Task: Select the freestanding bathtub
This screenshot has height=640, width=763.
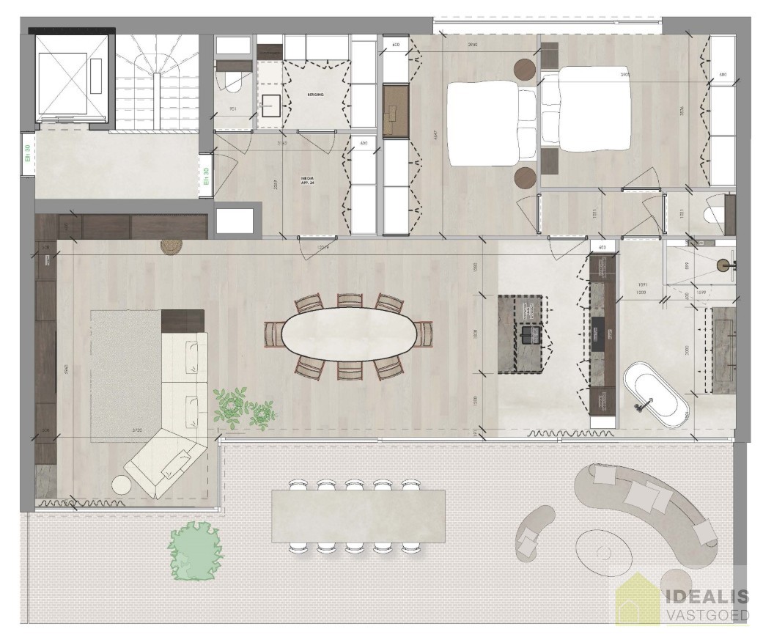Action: click(655, 397)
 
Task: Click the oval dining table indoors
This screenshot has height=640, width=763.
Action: click(349, 336)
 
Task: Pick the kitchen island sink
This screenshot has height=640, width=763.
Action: click(528, 335)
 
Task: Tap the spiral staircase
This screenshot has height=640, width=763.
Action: click(155, 81)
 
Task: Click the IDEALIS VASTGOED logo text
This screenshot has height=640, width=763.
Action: click(706, 605)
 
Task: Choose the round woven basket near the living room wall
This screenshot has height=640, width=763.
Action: click(171, 246)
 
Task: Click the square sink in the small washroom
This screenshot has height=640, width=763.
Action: click(270, 105)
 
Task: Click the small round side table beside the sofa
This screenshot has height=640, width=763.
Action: click(121, 485)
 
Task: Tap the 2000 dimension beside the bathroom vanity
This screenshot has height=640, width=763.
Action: click(688, 350)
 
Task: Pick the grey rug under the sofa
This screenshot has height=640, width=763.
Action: click(125, 374)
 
